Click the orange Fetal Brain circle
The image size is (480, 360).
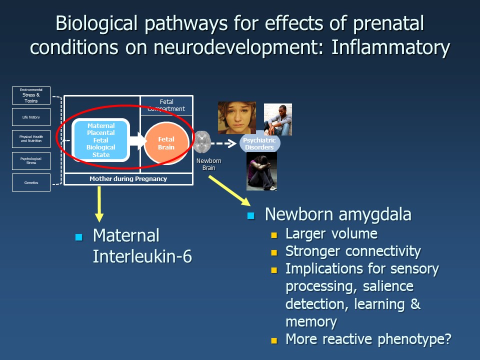click(166, 143)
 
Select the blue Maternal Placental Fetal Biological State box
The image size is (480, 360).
click(101, 140)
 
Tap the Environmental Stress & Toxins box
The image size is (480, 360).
click(31, 95)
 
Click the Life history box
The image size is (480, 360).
click(31, 117)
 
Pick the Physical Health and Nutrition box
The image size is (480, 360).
click(31, 139)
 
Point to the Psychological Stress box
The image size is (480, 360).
click(31, 161)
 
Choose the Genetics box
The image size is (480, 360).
click(31, 182)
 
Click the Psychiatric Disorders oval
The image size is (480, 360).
click(259, 144)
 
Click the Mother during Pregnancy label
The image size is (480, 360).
click(128, 178)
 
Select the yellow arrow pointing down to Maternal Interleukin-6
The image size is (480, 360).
click(99, 203)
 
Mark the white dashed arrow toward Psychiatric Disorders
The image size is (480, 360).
click(222, 144)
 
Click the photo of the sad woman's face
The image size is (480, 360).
click(236, 118)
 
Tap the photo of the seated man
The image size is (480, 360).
click(277, 119)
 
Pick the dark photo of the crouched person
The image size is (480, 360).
click(261, 171)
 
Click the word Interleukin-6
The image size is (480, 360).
click(142, 256)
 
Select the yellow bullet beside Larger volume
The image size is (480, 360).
click(273, 234)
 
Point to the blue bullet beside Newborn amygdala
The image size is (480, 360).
click(251, 216)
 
